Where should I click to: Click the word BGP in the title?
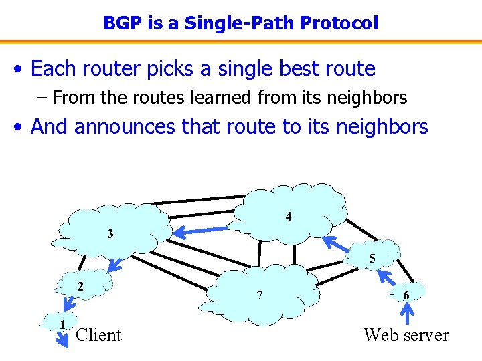click(x=119, y=23)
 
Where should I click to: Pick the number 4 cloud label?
click(x=288, y=217)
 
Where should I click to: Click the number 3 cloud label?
click(x=110, y=234)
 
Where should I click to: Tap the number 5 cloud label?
click(x=372, y=259)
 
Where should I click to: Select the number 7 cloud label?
click(x=260, y=294)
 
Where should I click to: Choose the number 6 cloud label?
click(x=406, y=295)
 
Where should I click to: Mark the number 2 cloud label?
click(x=80, y=286)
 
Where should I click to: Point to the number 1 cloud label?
click(x=62, y=325)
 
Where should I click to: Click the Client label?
click(x=99, y=335)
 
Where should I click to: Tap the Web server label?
click(x=406, y=335)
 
